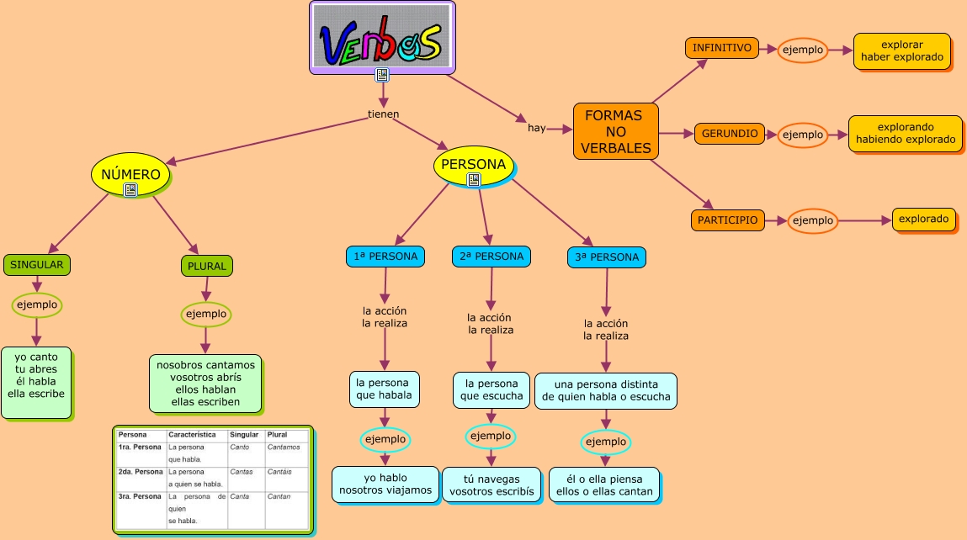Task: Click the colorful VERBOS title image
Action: [x=382, y=38]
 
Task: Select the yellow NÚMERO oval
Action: [x=130, y=174]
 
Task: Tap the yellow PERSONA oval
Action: [x=473, y=164]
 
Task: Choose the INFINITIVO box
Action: [x=721, y=48]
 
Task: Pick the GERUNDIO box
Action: [x=730, y=133]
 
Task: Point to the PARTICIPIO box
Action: [x=729, y=220]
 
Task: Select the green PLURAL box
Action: [x=206, y=266]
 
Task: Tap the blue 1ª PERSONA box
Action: [x=386, y=257]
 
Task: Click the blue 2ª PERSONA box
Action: [x=491, y=257]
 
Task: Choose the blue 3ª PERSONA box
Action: [x=607, y=257]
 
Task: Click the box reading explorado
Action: [x=923, y=220]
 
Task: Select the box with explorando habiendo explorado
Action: [x=905, y=134]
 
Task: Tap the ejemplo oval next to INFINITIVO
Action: [x=802, y=50]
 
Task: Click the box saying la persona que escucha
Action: [x=491, y=389]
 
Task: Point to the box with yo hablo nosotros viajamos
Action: [x=385, y=484]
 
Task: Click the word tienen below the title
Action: [x=383, y=114]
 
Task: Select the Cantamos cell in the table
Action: [x=284, y=447]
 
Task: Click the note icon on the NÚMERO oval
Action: [x=130, y=190]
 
